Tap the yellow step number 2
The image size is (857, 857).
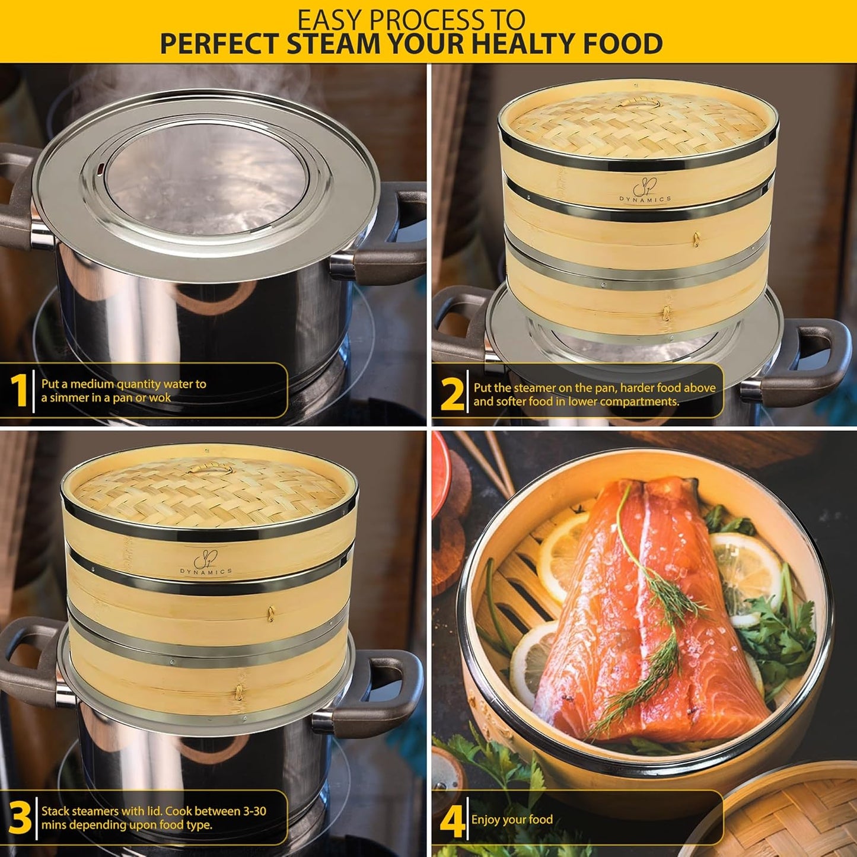pos(453,394)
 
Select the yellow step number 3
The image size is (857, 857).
pos(20,818)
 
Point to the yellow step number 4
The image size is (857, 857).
pos(452,821)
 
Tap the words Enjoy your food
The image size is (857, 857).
pos(512,820)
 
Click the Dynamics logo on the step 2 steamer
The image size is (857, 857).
pos(645,192)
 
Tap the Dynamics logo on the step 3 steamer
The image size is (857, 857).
pos(206,563)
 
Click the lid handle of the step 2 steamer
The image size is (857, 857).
pos(639,102)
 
